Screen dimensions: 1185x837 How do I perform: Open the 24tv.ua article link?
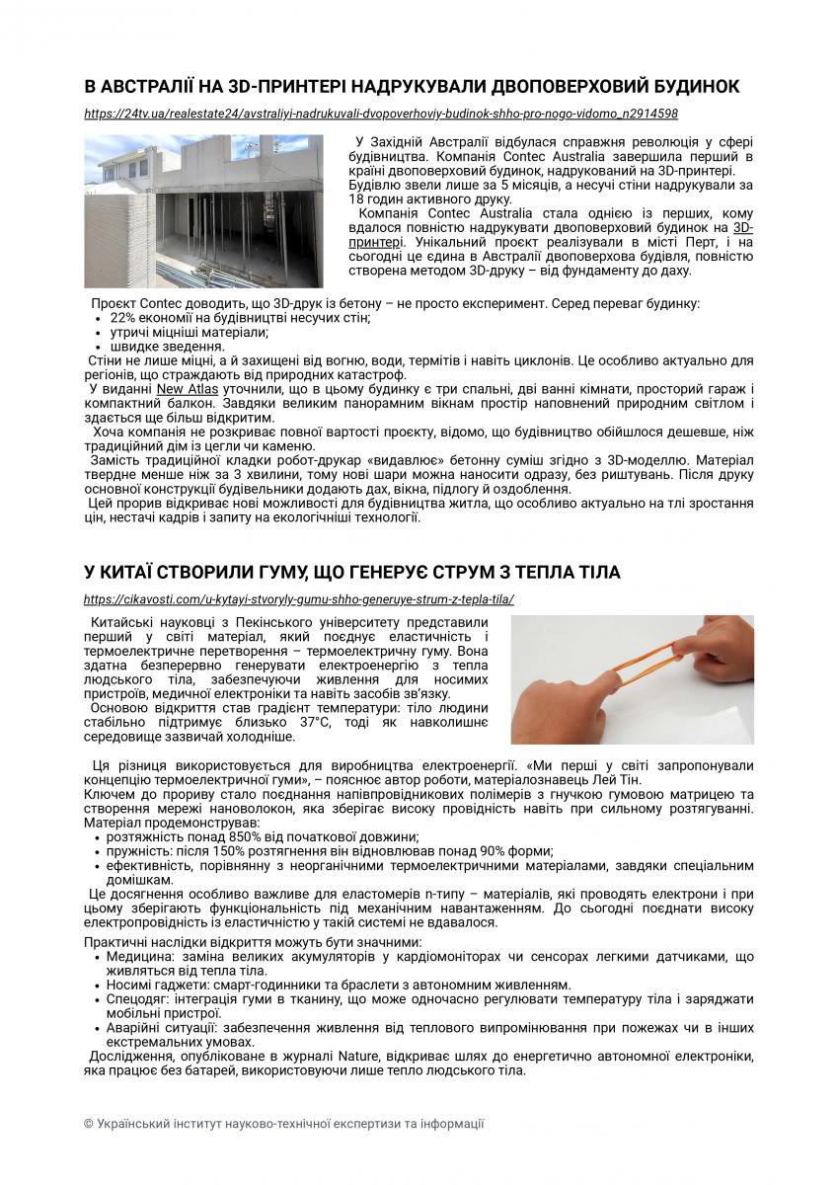[x=381, y=114]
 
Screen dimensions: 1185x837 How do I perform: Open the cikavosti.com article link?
[x=299, y=599]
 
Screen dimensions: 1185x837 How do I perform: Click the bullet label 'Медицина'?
[x=138, y=957]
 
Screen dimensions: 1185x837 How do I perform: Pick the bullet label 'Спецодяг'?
[x=137, y=999]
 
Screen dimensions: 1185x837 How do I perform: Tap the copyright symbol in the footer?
[x=89, y=1124]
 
